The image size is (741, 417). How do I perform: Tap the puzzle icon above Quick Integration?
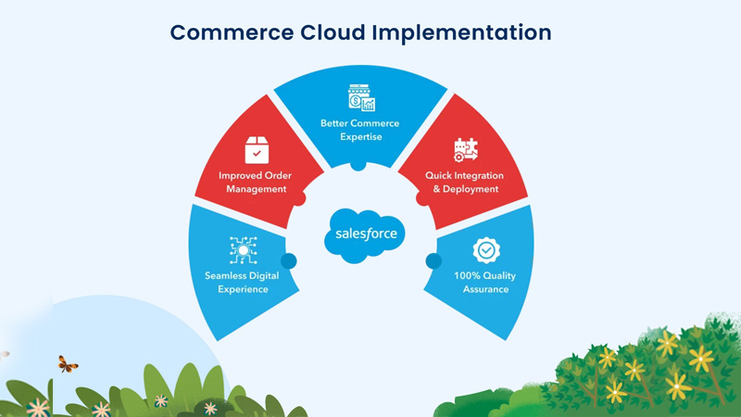465,150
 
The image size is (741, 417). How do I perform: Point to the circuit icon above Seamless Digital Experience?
243,250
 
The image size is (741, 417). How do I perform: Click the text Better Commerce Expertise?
361,129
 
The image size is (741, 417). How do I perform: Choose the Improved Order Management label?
252,182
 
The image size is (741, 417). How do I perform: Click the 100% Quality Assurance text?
485,282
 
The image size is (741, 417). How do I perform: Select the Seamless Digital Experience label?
236,282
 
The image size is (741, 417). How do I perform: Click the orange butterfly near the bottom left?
68,363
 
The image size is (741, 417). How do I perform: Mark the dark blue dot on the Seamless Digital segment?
288,261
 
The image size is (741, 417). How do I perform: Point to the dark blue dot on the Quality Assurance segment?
433,261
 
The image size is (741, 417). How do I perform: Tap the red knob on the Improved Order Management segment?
298,198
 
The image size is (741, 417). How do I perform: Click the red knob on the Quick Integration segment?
422,198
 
